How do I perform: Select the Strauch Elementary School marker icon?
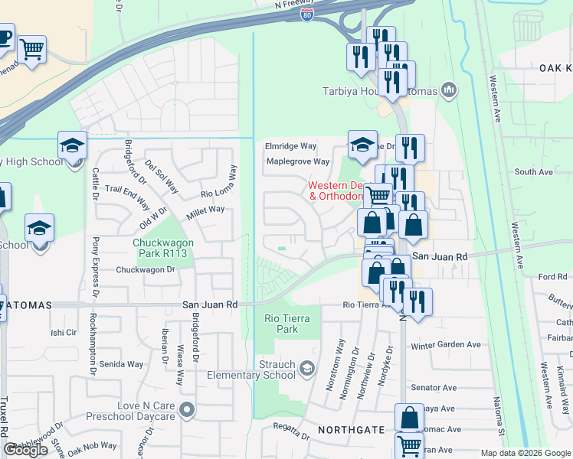(x=306, y=370)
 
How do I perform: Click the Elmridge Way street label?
(x=290, y=146)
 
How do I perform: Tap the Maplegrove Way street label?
(x=297, y=161)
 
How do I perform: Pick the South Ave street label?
(x=534, y=172)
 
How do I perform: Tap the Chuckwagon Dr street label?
(x=146, y=269)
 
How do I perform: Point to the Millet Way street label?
(x=205, y=209)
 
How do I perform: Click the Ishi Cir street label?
(x=64, y=333)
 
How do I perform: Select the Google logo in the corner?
(x=25, y=450)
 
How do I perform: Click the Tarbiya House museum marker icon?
(x=449, y=91)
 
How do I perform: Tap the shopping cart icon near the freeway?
(x=32, y=50)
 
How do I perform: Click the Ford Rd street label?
(x=552, y=276)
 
